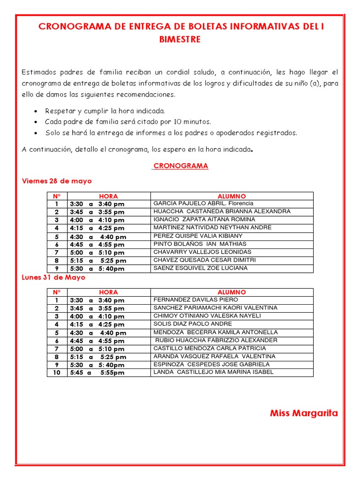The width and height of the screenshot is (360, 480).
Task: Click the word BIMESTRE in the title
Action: click(x=180, y=39)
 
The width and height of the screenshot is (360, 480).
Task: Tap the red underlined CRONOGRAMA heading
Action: click(x=181, y=166)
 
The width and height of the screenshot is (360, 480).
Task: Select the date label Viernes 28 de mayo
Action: click(x=57, y=181)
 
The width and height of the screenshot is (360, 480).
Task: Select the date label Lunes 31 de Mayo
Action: click(x=53, y=277)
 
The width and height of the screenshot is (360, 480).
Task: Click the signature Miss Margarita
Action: click(x=304, y=413)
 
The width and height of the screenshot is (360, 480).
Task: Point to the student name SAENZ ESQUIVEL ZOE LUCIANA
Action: click(x=201, y=268)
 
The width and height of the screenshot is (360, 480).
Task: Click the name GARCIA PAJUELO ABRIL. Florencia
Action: click(x=203, y=203)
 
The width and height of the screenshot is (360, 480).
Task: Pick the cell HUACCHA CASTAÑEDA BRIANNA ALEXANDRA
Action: click(x=222, y=211)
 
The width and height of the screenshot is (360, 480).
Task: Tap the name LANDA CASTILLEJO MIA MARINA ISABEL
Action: click(x=213, y=372)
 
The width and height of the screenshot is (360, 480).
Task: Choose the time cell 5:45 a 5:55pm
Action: click(x=97, y=373)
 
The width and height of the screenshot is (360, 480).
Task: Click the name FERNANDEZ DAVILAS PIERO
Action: click(x=195, y=300)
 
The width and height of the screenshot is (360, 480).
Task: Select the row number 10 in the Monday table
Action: click(x=57, y=373)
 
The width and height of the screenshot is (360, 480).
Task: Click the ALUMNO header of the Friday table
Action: click(x=232, y=196)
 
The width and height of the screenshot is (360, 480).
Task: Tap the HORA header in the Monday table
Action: click(x=108, y=292)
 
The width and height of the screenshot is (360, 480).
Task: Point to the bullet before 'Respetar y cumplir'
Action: click(x=37, y=112)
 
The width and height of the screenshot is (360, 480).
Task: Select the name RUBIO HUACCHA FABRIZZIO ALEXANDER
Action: click(x=216, y=340)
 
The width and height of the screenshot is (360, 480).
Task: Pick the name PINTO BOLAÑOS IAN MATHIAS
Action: click(x=200, y=244)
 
